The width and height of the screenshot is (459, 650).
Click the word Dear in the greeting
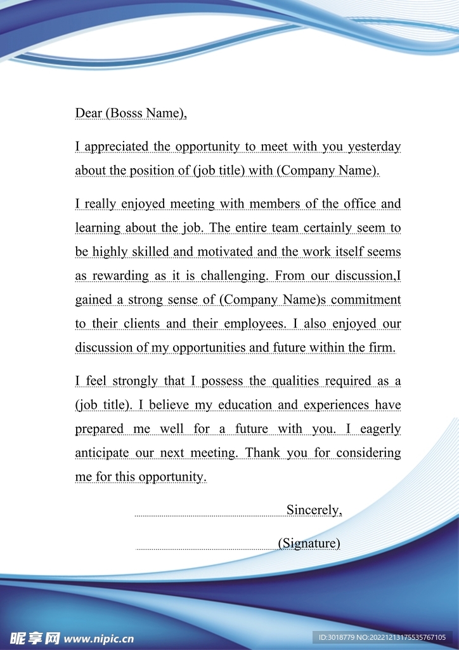click(x=89, y=113)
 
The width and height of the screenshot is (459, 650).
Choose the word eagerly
click(x=380, y=429)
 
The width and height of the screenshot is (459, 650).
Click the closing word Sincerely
click(x=314, y=510)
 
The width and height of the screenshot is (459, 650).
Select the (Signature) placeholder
click(x=309, y=543)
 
